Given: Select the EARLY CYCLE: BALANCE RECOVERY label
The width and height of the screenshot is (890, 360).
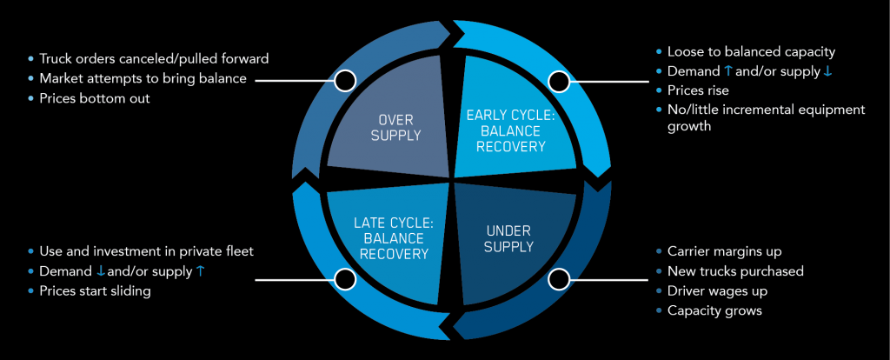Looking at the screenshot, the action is coord(511,130).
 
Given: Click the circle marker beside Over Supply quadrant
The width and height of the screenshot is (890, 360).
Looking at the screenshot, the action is coord(345,81).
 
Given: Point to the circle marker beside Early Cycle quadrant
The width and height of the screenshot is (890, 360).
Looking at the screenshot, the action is coord(559,81).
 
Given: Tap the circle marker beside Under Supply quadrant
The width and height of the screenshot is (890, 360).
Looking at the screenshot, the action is coord(559,279).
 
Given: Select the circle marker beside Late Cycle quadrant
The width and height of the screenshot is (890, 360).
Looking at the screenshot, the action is coord(345,279).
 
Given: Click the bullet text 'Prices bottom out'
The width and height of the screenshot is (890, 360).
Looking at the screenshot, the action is coord(94,98).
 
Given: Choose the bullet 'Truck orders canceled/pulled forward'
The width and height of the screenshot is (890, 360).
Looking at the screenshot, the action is coord(154,58).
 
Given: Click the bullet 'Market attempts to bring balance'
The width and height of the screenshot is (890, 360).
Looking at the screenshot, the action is coord(143,78).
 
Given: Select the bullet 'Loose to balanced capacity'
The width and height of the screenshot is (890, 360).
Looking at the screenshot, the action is coord(752,52).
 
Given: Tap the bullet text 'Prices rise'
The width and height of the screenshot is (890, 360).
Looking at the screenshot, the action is coord(698,90).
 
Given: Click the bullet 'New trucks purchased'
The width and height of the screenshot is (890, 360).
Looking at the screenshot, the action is coord(735,270).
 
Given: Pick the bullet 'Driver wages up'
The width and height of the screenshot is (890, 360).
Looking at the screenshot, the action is coord(717,290).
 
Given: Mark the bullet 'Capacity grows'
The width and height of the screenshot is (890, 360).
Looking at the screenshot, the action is coord(714,310).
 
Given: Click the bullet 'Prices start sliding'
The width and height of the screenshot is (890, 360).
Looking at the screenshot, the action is coord(95,291).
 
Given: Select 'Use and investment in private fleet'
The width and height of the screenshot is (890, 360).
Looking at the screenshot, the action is coord(146,251).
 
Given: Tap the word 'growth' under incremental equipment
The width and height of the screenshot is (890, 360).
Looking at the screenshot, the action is coord(689,126).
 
